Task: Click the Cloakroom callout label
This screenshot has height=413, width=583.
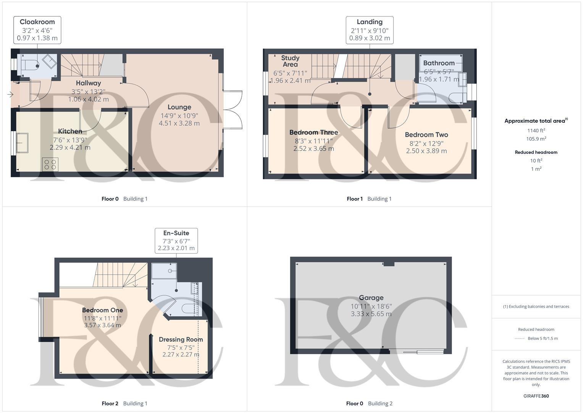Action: tap(37, 22)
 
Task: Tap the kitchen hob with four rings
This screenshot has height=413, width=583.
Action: tap(50, 164)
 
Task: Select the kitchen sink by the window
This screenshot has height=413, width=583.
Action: tap(22, 143)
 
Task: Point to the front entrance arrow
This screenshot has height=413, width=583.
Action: tap(10, 94)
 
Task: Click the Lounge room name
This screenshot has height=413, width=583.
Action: tap(179, 107)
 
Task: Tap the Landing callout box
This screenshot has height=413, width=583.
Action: tap(370, 30)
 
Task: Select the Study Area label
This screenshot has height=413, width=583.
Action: tap(290, 61)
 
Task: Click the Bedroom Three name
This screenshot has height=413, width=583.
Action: tap(313, 132)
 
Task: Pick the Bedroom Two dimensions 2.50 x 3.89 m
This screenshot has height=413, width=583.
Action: tap(426, 151)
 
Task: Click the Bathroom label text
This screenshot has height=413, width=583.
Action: tap(439, 63)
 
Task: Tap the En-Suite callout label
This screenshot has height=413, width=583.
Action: tap(176, 233)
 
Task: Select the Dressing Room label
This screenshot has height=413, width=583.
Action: tap(181, 340)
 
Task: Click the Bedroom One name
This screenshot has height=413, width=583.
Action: tap(102, 310)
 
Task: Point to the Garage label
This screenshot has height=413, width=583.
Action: tap(371, 298)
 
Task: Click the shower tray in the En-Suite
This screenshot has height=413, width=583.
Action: tap(164, 271)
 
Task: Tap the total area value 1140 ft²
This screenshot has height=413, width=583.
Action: tap(536, 130)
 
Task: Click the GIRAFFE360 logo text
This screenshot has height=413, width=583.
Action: tap(536, 396)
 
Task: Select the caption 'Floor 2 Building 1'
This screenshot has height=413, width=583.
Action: tap(124, 403)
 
